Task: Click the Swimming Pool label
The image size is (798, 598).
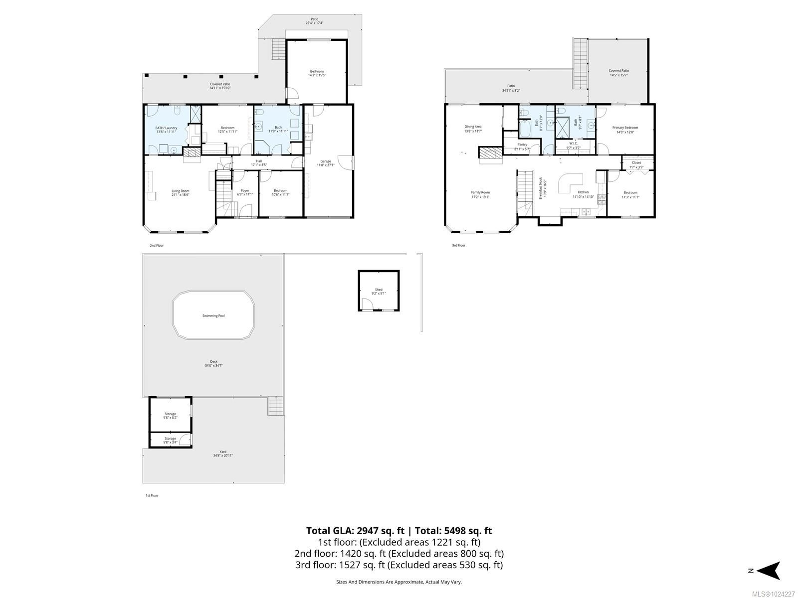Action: (x=213, y=315)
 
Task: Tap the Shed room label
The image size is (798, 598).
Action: (x=379, y=290)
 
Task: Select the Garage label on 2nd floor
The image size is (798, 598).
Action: (x=326, y=161)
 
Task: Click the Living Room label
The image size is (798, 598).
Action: (x=181, y=191)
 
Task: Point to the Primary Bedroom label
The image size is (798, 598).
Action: (x=625, y=128)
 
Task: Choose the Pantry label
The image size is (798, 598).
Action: (x=522, y=145)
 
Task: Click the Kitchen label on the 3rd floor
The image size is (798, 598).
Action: (x=583, y=192)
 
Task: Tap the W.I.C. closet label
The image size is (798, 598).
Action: (x=573, y=143)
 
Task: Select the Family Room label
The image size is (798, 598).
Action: (x=481, y=192)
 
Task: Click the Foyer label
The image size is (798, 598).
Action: (x=245, y=190)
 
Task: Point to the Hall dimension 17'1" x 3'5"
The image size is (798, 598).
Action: (x=259, y=165)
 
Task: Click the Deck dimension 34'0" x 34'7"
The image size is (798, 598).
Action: (x=213, y=366)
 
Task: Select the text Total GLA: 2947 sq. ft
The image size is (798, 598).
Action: (x=355, y=531)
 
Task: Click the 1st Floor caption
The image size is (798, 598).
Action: (x=152, y=495)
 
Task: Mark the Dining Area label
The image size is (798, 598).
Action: (x=473, y=127)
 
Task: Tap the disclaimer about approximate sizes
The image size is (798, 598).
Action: (x=399, y=582)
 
